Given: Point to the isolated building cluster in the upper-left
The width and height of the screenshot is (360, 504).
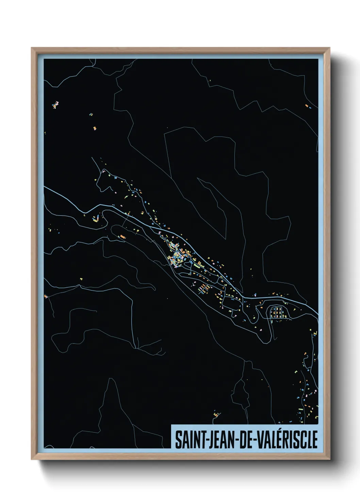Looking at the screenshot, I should (55, 104).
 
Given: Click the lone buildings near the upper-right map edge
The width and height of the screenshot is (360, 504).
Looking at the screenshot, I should (308, 106).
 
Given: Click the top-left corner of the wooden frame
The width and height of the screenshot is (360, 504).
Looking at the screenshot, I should (32, 48).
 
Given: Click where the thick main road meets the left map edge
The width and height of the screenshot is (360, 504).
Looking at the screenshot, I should (45, 188).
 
